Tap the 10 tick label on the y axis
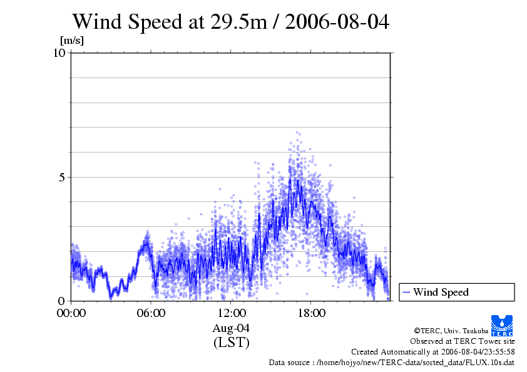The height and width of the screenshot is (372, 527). (59, 53)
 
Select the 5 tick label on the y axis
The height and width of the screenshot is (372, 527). (63, 177)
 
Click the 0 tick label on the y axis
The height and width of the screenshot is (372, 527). (63, 301)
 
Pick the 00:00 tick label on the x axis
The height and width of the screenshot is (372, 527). (71, 313)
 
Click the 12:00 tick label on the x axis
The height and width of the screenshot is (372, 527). (231, 313)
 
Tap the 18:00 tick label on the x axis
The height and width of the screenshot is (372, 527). (311, 313)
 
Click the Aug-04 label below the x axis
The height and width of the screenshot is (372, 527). (231, 328)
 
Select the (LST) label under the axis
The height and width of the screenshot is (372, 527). (231, 343)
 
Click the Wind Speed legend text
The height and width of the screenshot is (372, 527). (441, 292)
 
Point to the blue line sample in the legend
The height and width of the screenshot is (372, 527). (406, 292)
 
